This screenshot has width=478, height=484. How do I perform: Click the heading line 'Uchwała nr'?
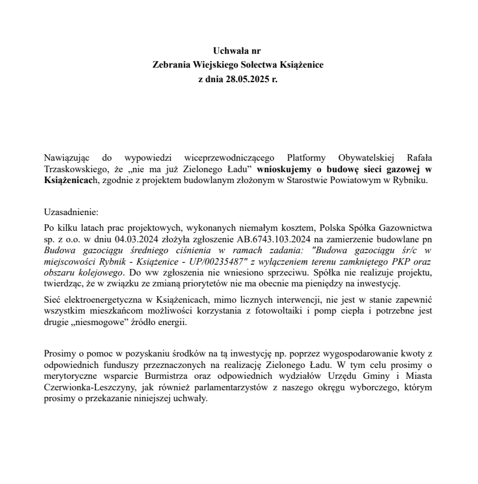239,50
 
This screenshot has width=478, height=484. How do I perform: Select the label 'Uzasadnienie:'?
71,213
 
